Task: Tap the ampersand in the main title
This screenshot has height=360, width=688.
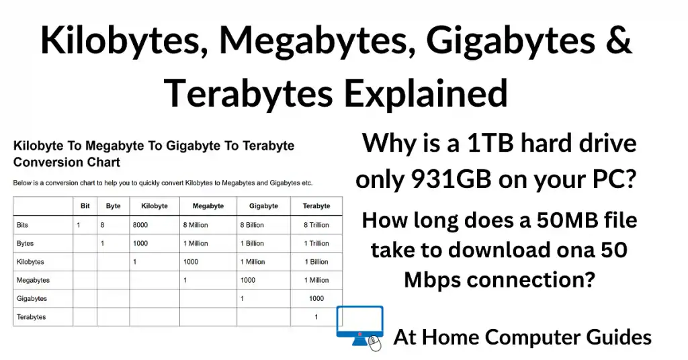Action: [x=617, y=40]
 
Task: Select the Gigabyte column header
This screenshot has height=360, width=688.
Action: [x=263, y=206]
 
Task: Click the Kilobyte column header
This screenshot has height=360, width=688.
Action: [x=154, y=206]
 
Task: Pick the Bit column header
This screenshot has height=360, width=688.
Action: [x=84, y=206]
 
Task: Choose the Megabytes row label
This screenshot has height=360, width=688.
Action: [x=34, y=280]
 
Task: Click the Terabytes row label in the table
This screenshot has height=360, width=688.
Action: [x=32, y=316]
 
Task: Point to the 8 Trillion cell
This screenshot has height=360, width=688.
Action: [x=316, y=225]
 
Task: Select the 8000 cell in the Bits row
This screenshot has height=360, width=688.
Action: [x=141, y=225]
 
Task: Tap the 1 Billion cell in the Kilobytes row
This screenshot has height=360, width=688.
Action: [x=316, y=262]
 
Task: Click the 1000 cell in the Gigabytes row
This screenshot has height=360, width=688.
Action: [x=316, y=298]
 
